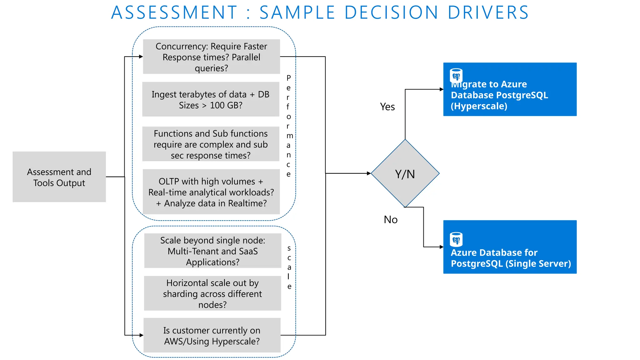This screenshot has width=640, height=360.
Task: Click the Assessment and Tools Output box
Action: pyautogui.click(x=59, y=177)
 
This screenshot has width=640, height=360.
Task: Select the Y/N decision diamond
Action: pyautogui.click(x=405, y=173)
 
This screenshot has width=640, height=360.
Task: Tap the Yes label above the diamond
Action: pyautogui.click(x=387, y=107)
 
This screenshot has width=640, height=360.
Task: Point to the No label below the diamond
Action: pyautogui.click(x=391, y=220)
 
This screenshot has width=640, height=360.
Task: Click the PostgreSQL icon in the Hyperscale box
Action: pyautogui.click(x=456, y=75)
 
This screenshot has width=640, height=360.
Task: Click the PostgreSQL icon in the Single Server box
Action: pyautogui.click(x=456, y=239)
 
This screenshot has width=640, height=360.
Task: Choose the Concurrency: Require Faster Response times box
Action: pyautogui.click(x=211, y=57)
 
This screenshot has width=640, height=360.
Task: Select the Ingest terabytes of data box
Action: pyautogui.click(x=211, y=99)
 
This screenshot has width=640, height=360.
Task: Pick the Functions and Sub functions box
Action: pyautogui.click(x=211, y=144)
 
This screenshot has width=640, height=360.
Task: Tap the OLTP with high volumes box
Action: pyautogui.click(x=211, y=192)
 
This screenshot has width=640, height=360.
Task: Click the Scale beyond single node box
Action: pyautogui.click(x=212, y=251)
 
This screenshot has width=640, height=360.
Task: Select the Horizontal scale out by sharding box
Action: pyautogui.click(x=212, y=293)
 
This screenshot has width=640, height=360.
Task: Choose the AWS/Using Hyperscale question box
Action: pyautogui.click(x=212, y=336)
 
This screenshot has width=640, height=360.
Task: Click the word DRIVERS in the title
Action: pyautogui.click(x=488, y=12)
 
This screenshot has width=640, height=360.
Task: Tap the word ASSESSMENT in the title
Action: pyautogui.click(x=174, y=12)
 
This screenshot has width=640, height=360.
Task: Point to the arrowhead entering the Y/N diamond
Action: pyautogui.click(x=369, y=173)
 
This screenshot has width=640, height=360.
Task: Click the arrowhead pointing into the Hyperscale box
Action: pyautogui.click(x=442, y=89)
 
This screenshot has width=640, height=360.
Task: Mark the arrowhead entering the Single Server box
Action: pyautogui.click(x=442, y=247)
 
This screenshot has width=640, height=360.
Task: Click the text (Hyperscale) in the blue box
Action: pyautogui.click(x=479, y=106)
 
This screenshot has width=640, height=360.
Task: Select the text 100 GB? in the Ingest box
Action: pyautogui.click(x=226, y=106)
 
